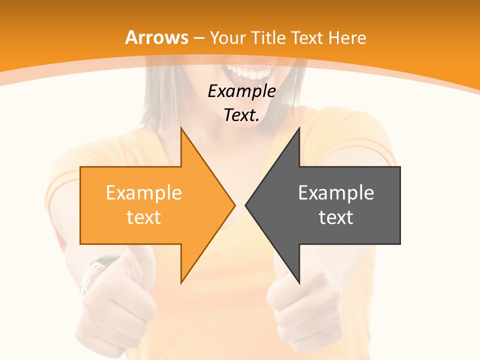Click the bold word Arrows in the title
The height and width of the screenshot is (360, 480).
click(157, 37)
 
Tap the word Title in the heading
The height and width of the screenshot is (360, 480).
click(271, 37)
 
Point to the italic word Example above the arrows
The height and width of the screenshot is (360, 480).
click(241, 91)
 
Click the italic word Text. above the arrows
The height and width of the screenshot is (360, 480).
click(241, 115)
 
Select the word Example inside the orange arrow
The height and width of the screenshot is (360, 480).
click(144, 192)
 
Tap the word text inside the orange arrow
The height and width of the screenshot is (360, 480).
click(144, 217)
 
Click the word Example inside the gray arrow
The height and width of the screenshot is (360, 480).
click(336, 192)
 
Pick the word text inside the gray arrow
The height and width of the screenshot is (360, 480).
click(336, 217)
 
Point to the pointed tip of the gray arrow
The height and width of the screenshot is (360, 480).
click(246, 205)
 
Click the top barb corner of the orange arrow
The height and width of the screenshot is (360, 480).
click(181, 128)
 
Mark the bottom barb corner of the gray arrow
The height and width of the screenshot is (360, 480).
click(299, 282)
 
